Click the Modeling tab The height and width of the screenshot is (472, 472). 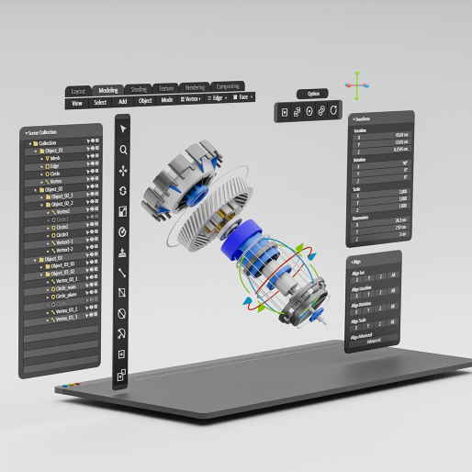coord(107,90)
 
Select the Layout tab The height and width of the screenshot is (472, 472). coord(78,92)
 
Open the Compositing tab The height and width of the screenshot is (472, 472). coord(220,86)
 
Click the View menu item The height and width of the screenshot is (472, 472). coord(77,103)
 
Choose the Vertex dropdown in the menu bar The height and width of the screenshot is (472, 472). coord(191,98)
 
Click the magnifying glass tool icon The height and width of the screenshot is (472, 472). coord(122,150)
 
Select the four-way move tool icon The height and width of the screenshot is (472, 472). coord(122,171)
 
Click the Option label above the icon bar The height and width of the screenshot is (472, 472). coord(314,94)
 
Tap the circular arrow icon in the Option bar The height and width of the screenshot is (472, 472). coord(334,111)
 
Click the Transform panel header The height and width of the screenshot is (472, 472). coord(363,119)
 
